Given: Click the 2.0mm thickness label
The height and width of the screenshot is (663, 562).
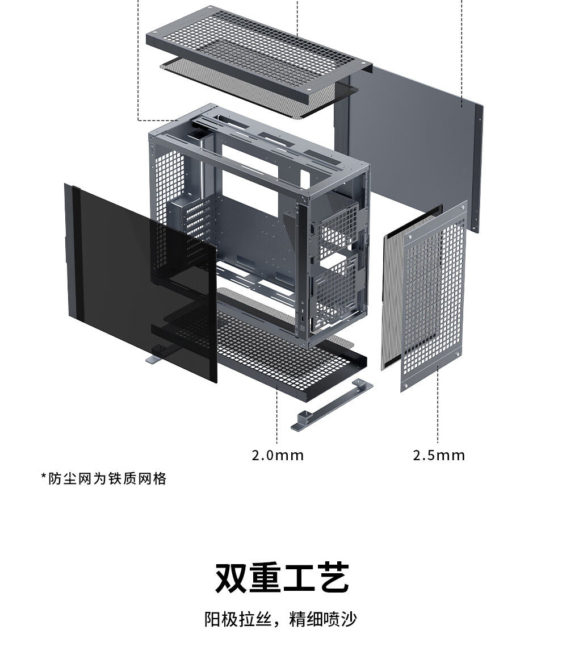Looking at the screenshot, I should point(278,455).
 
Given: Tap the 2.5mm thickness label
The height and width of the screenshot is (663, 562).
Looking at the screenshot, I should point(438,455).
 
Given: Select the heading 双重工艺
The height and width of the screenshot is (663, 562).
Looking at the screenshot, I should point(281,578).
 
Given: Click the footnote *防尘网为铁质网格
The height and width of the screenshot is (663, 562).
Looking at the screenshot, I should point(104,478).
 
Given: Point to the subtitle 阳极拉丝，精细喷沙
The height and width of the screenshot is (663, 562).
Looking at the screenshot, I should point(281,619).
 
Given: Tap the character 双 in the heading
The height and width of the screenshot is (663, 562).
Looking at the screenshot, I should point(232,578).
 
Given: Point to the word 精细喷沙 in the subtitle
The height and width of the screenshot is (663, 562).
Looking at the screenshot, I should point(323,619).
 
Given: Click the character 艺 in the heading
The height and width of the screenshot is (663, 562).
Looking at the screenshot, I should point(331,578).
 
